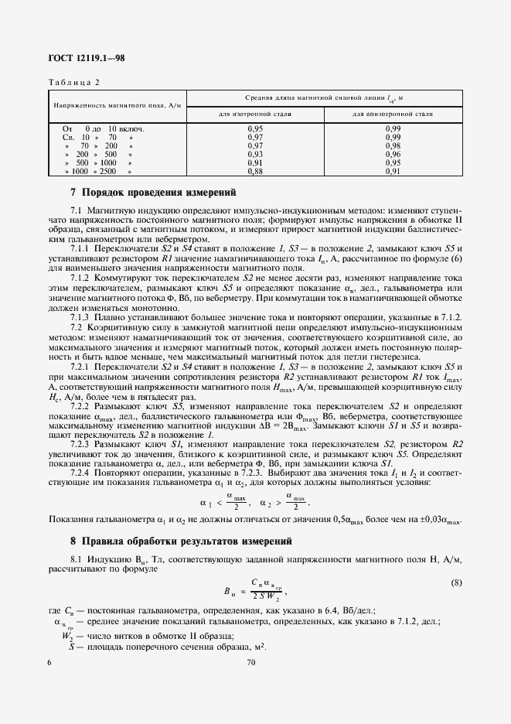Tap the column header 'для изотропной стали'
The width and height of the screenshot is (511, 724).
pos(255,113)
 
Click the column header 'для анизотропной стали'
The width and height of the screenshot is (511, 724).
pos(393,113)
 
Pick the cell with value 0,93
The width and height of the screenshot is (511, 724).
pos(255,154)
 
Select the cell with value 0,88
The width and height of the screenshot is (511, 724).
pos(255,171)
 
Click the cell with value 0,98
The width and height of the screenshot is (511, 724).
pos(393,145)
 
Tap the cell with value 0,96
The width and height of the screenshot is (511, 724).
pos(393,154)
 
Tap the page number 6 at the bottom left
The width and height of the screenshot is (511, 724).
pos(50,663)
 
